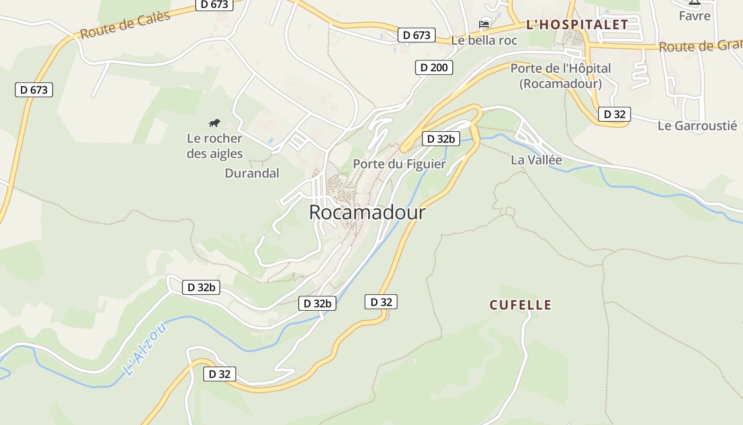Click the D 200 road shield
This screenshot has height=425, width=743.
pyautogui.click(x=434, y=67)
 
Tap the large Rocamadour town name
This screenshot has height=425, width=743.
pyautogui.click(x=367, y=212)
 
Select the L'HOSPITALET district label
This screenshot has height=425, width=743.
pyautogui.click(x=577, y=24)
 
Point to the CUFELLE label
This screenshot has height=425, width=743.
pyautogui.click(x=521, y=305)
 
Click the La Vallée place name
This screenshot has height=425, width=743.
pyautogui.click(x=536, y=160)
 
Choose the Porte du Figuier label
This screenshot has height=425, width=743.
pyautogui.click(x=400, y=164)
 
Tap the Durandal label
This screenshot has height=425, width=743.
pyautogui.click(x=252, y=173)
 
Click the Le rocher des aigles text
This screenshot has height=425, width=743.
pyautogui.click(x=214, y=146)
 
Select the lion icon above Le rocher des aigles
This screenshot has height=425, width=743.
pyautogui.click(x=214, y=123)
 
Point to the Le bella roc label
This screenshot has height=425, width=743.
pyautogui.click(x=484, y=40)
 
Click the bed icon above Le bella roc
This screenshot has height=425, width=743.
pyautogui.click(x=484, y=24)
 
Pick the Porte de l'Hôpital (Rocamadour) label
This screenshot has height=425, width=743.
pyautogui.click(x=560, y=76)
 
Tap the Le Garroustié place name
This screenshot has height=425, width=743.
pyautogui.click(x=697, y=126)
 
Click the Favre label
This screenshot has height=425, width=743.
pyautogui.click(x=695, y=16)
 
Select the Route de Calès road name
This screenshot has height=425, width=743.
pyautogui.click(x=125, y=25)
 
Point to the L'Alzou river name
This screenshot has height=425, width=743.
pyautogui.click(x=144, y=350)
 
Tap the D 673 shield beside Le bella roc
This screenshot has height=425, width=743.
pyautogui.click(x=417, y=36)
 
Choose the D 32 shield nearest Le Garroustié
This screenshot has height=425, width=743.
pyautogui.click(x=615, y=114)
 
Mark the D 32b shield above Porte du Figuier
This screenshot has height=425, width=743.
pyautogui.click(x=441, y=139)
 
